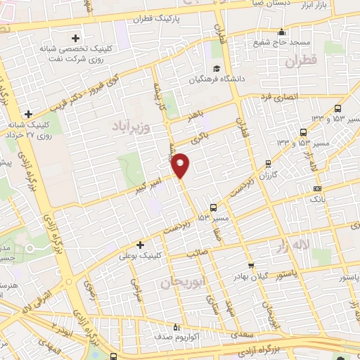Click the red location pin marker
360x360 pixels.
pos(181,164)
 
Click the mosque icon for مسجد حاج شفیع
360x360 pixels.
pos(282,32)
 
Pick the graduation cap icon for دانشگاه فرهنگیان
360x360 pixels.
pos(217,68)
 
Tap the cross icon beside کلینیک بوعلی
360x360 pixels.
pos(141,245)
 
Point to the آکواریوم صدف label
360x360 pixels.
pos(200,328)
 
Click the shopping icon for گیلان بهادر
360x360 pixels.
pos(251,266)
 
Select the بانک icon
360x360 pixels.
pos(317,188)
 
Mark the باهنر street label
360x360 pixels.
pos(198,115)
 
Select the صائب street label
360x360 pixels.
pos(195,252)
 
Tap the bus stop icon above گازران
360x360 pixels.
pos(268,163)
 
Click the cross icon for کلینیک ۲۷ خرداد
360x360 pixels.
pos(28,114)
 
